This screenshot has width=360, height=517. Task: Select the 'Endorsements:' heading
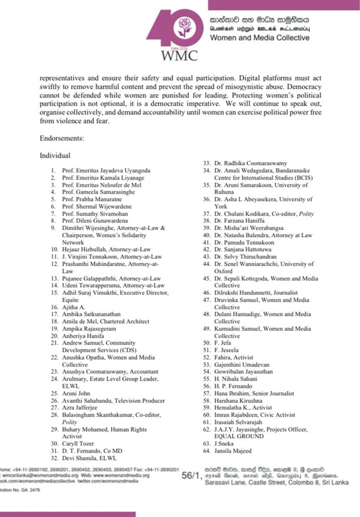[x=64, y=138]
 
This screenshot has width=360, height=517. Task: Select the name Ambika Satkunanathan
[x=94, y=314]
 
